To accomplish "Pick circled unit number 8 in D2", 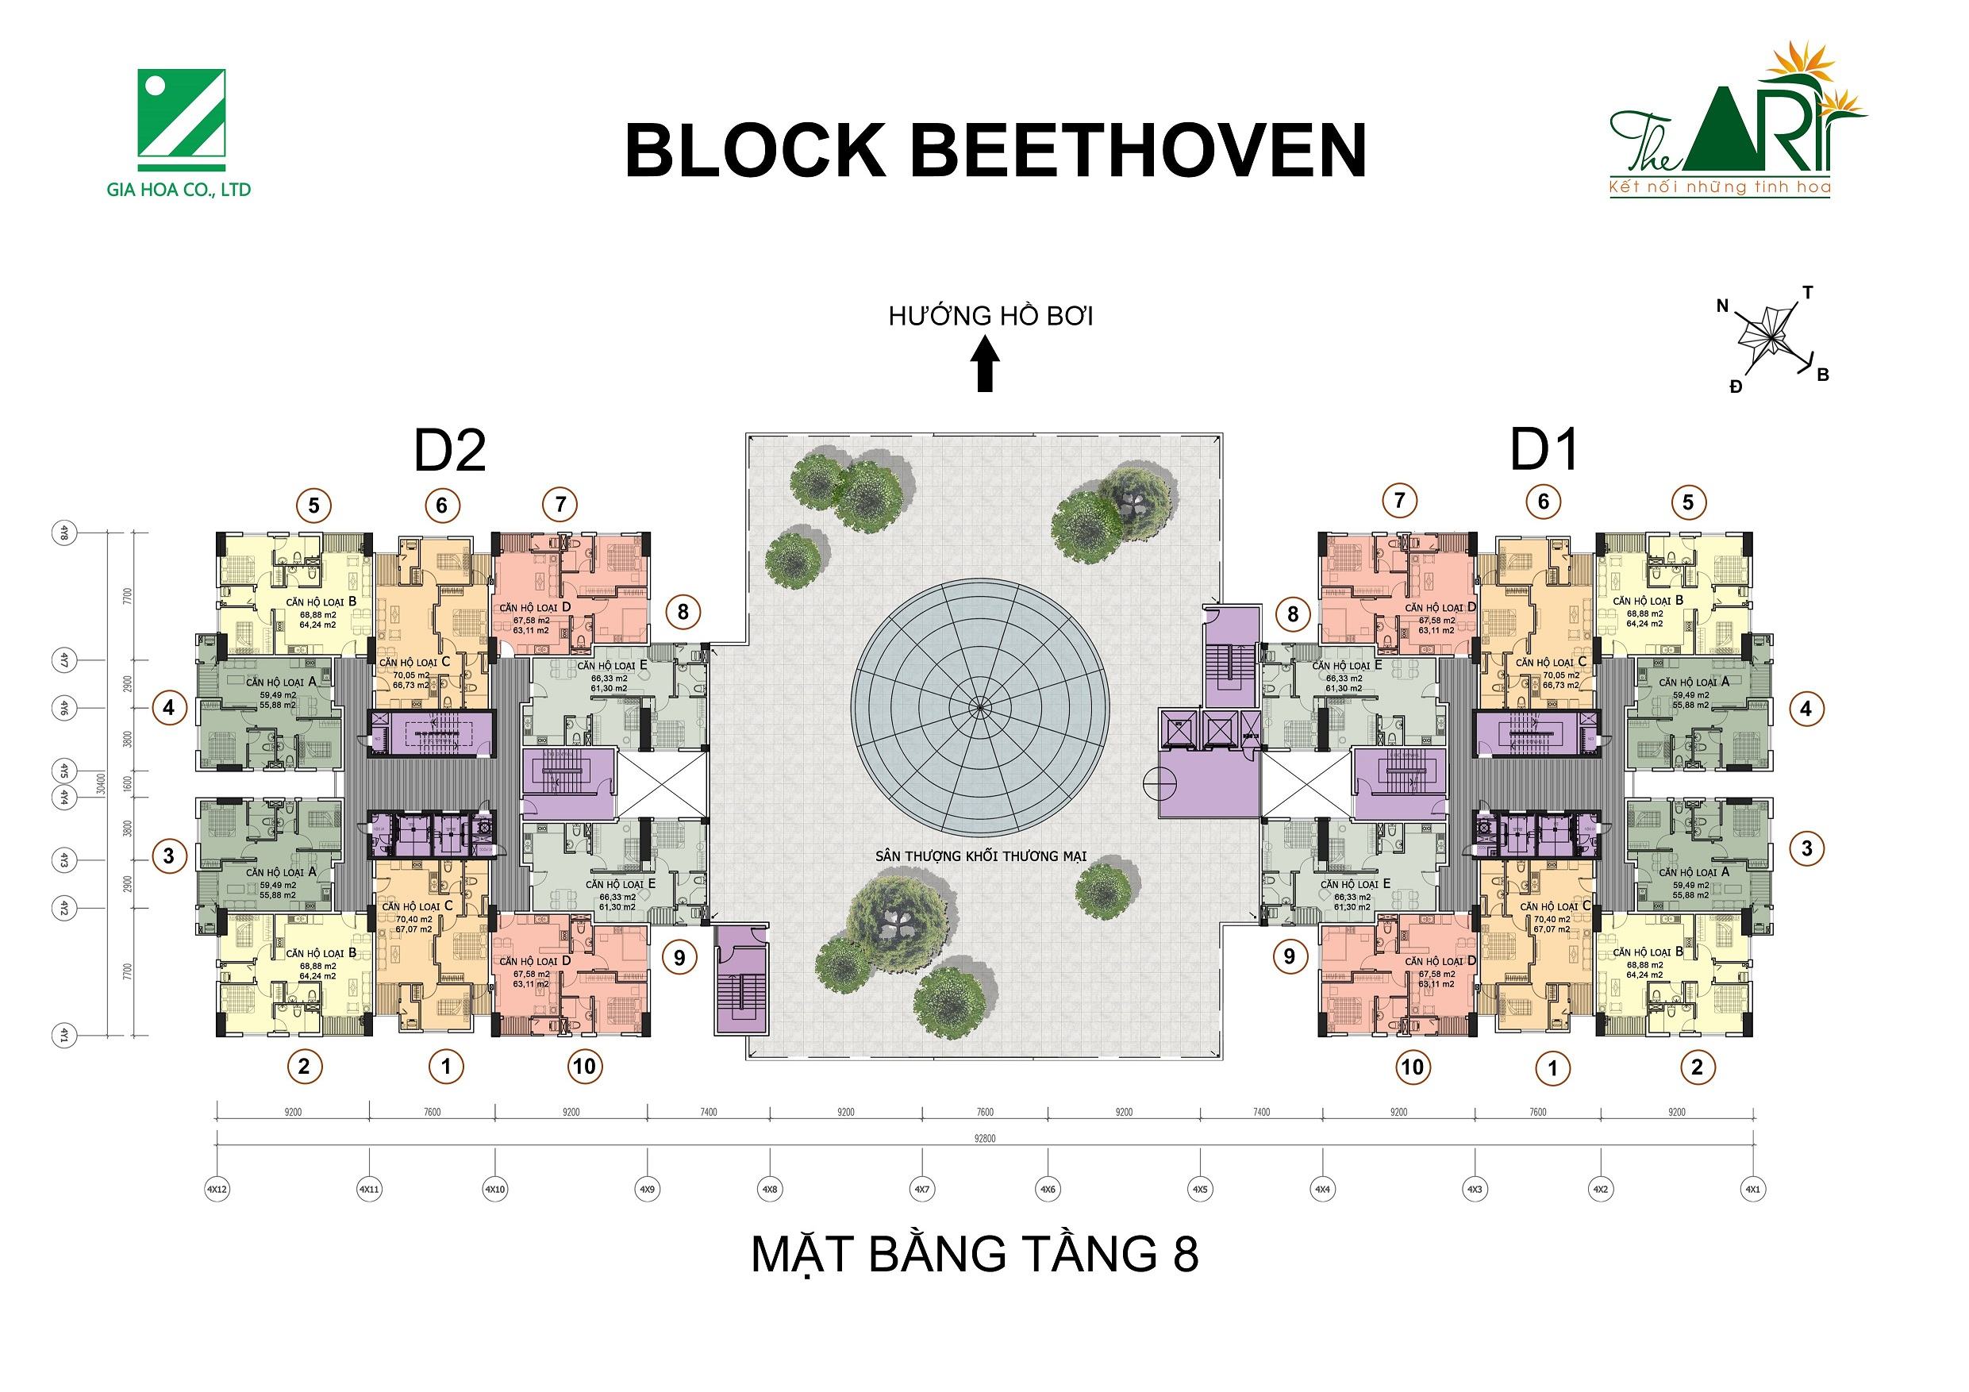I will click(683, 613).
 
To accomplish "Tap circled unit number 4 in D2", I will click(169, 709).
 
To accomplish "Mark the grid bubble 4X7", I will click(922, 1190).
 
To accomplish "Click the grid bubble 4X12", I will click(216, 1190).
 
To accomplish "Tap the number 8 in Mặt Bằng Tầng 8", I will click(1183, 1255).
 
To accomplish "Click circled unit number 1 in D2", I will click(445, 1067).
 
